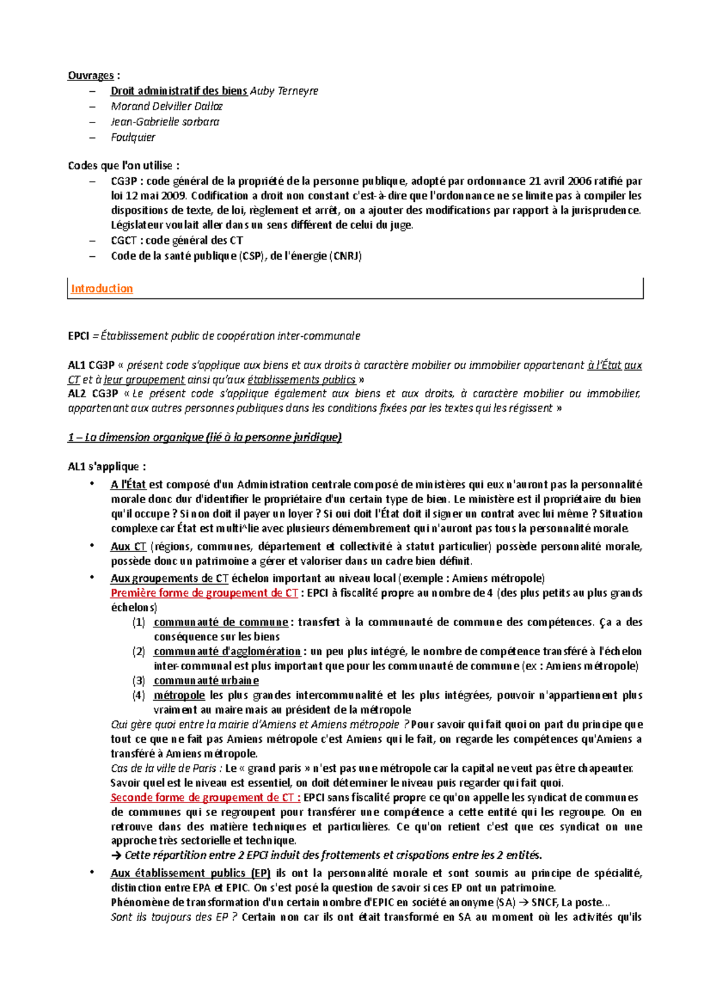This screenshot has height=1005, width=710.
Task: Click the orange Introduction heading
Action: pyautogui.click(x=102, y=289)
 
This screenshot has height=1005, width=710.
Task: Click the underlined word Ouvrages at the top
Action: pyautogui.click(x=91, y=76)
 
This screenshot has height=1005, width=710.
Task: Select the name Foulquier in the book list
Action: pyautogui.click(x=133, y=137)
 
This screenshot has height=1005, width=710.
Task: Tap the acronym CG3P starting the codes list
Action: pyautogui.click(x=123, y=181)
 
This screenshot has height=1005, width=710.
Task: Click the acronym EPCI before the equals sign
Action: pyautogui.click(x=79, y=336)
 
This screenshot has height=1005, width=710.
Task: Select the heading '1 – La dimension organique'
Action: pyautogui.click(x=205, y=437)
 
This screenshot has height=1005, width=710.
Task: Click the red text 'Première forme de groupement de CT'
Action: pyautogui.click(x=204, y=593)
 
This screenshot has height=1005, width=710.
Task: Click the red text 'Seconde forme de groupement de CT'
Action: pyautogui.click(x=205, y=797)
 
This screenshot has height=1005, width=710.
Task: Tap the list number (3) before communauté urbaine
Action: pyautogui.click(x=138, y=681)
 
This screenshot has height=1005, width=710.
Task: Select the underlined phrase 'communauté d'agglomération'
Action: pyautogui.click(x=227, y=651)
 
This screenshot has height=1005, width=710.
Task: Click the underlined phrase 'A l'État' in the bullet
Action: pyautogui.click(x=128, y=485)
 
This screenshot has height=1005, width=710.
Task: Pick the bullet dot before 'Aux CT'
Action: pyautogui.click(x=92, y=546)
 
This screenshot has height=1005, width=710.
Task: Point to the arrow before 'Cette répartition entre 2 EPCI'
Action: pyautogui.click(x=116, y=855)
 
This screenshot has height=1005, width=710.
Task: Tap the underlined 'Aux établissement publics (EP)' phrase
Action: pyautogui.click(x=190, y=873)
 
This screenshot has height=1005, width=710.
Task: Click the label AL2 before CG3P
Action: pyautogui.click(x=77, y=394)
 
